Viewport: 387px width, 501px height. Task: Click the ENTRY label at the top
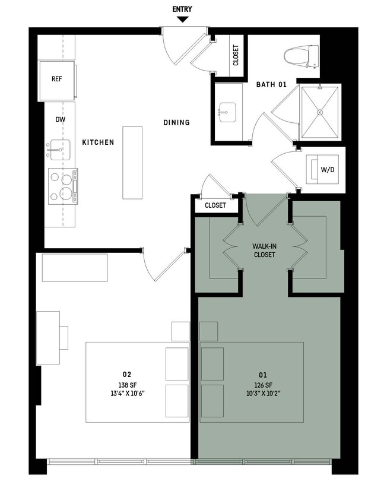[182, 9]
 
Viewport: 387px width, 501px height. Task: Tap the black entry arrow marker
[182, 20]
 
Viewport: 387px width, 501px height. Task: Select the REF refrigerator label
[57, 79]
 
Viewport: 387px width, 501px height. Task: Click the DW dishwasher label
[60, 119]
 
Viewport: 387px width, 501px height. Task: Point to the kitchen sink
[59, 150]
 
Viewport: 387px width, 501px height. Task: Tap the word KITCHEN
[98, 143]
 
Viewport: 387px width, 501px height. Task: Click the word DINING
[176, 123]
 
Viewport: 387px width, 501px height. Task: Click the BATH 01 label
[271, 85]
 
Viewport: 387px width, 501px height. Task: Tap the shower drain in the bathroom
[321, 111]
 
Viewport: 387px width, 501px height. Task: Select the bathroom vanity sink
[227, 112]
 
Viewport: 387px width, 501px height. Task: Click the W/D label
[327, 170]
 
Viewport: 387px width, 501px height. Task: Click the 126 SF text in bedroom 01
[262, 384]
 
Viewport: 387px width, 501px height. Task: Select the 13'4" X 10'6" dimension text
[126, 393]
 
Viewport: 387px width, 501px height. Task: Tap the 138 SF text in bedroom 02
[126, 384]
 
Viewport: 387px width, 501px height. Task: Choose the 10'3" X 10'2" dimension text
[262, 393]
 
